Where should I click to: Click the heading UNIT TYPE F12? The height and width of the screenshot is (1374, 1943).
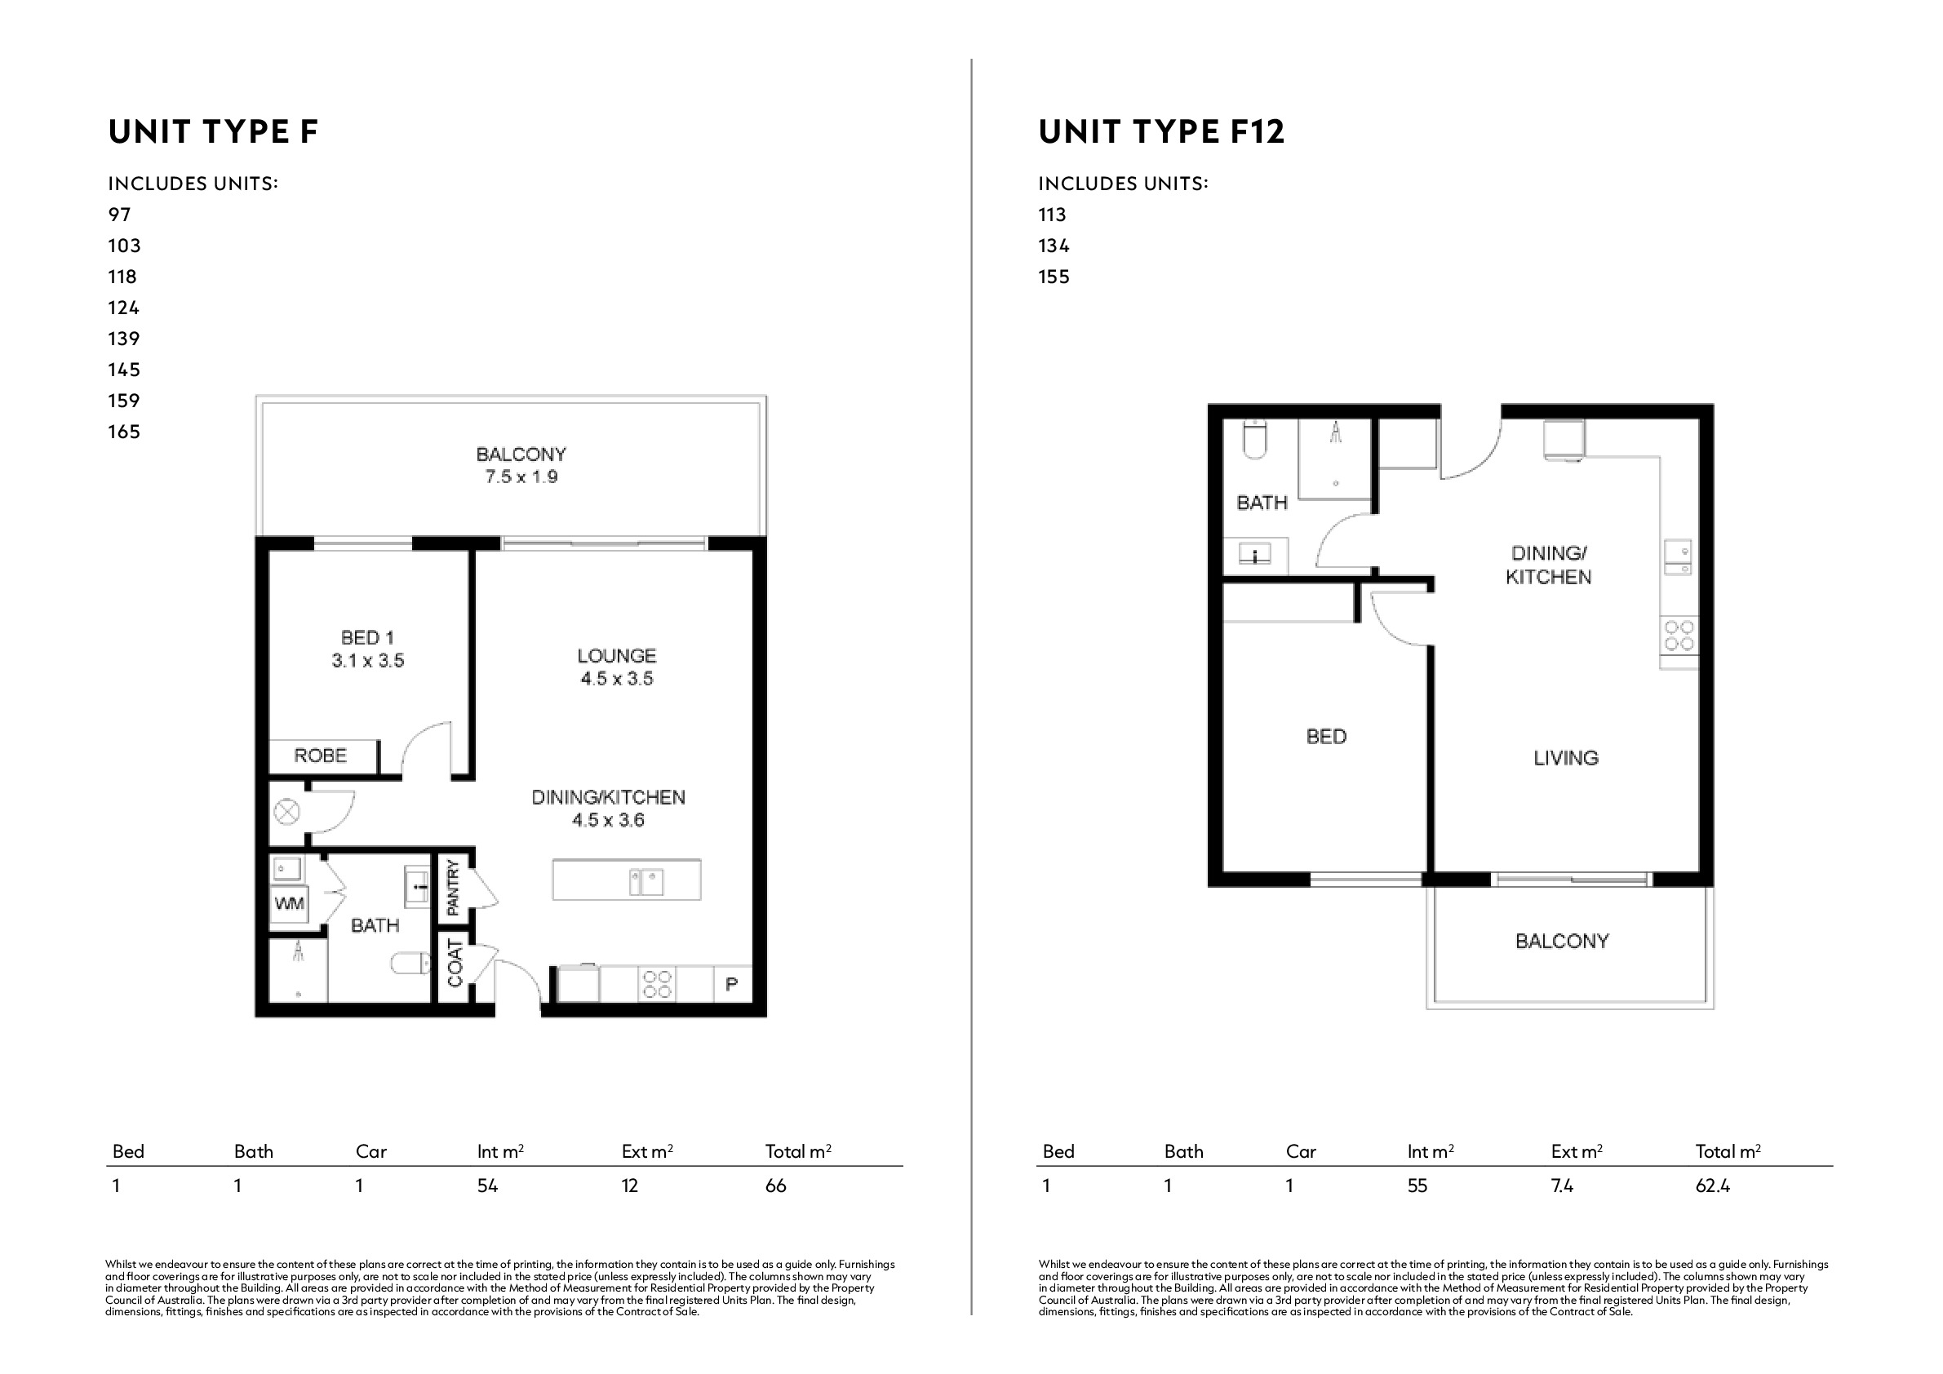tap(1161, 132)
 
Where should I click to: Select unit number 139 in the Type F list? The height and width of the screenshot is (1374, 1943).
tap(123, 339)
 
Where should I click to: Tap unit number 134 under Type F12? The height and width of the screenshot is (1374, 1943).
tap(1054, 246)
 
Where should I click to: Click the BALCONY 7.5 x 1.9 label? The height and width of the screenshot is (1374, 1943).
tap(521, 465)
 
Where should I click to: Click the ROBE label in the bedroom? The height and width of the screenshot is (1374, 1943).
tap(320, 756)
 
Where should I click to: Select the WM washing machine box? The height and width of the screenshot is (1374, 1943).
tap(289, 903)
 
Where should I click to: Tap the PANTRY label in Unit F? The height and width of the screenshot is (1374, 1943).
tap(453, 887)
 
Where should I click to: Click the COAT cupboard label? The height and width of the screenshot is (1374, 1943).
tap(455, 963)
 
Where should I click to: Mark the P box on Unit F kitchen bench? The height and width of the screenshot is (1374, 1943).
tap(732, 984)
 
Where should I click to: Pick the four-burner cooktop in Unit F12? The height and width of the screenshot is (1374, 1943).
tap(1679, 636)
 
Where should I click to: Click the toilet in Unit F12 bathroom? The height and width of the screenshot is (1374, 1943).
tap(1255, 439)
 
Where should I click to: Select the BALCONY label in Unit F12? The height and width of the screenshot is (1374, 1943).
tap(1562, 941)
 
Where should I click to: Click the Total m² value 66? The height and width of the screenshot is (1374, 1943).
tap(775, 1186)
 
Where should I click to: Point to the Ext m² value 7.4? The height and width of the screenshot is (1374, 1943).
tap(1562, 1186)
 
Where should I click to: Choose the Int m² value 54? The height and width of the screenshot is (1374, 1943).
tap(487, 1186)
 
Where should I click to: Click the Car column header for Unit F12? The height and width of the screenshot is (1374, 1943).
tap(1302, 1151)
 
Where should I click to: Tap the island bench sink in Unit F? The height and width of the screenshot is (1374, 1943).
tap(645, 881)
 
